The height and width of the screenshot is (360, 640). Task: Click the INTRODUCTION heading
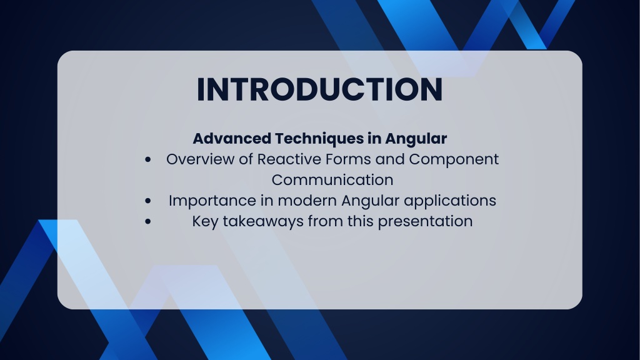pos(319,89)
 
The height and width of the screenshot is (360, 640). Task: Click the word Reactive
pos(288,159)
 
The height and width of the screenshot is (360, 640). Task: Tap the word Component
pos(454,160)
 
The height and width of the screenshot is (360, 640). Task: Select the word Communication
pos(332,180)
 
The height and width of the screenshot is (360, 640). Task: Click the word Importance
pos(212,201)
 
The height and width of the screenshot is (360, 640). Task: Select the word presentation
pos(425,222)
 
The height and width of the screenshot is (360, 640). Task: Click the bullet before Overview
pos(147,159)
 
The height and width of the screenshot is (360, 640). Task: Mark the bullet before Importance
pos(147,201)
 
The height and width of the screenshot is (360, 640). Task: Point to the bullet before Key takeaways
pos(147,222)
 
